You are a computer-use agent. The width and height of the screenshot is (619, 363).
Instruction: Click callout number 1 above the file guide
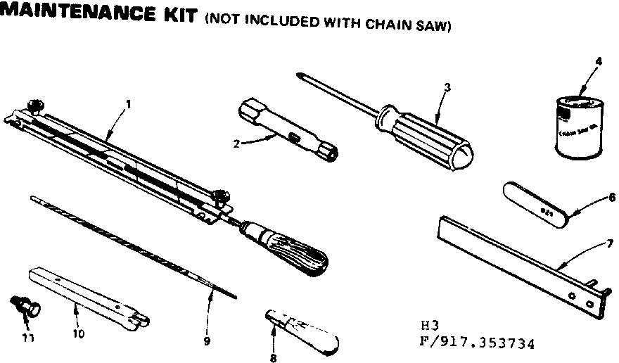coord(129,103)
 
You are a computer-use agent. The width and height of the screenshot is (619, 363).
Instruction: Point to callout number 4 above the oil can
coord(598,61)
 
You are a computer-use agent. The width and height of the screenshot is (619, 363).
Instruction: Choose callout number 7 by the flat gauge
coord(611,243)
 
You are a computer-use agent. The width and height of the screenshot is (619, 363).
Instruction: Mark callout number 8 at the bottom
coord(273,357)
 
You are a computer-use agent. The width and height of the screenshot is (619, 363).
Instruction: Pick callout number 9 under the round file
coord(207,341)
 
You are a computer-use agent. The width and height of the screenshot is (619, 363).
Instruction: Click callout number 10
coord(77,334)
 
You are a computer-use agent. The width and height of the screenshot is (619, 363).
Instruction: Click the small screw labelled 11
coord(25,307)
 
